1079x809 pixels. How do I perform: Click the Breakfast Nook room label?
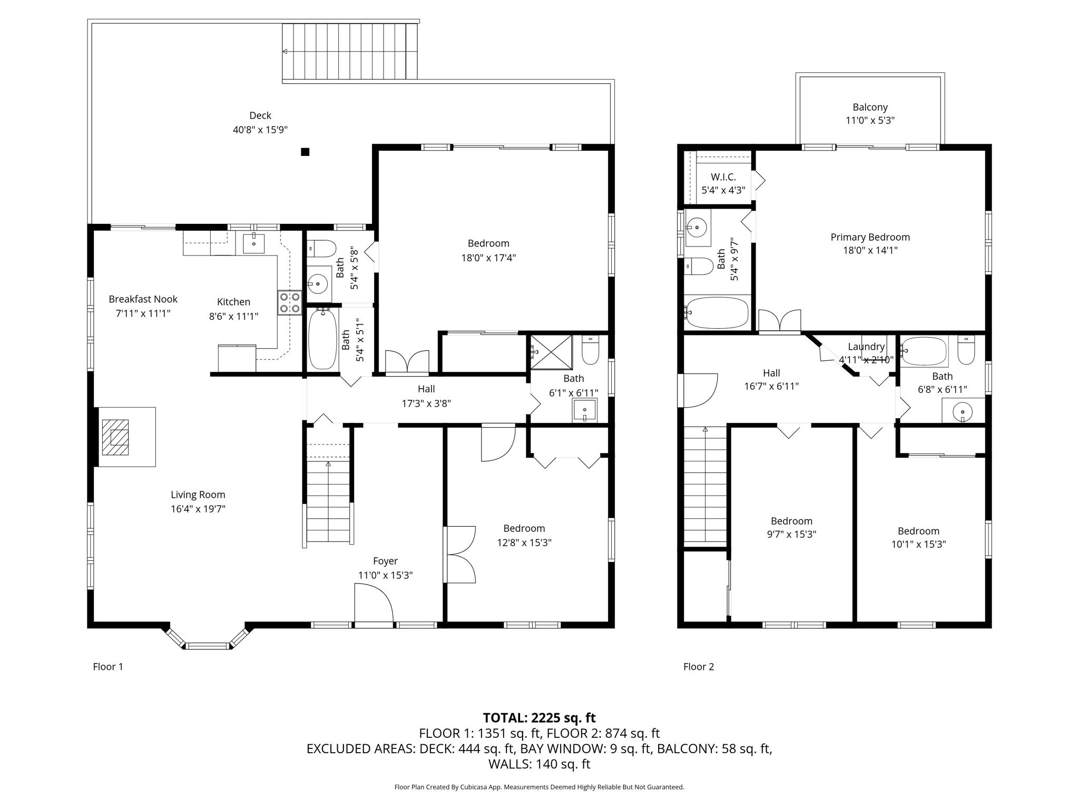pos(143,299)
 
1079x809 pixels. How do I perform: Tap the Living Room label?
pos(198,495)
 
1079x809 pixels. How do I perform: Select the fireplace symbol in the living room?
pos(115,437)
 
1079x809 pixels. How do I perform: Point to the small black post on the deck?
pos(305,152)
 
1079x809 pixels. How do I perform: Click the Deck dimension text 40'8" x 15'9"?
pos(260,130)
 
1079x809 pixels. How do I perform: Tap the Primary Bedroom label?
pos(870,237)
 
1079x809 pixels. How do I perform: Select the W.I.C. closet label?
pos(723,177)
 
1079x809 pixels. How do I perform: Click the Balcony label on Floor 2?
pos(870,107)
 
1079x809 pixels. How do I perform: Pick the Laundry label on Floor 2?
pos(866,347)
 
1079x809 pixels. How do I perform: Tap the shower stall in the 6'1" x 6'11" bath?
pos(551,352)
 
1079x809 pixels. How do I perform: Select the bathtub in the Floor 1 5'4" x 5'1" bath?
pos(322,339)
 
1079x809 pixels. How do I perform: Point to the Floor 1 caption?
pos(108,667)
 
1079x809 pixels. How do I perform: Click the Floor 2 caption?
pos(699,667)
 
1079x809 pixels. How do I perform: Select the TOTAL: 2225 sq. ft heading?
pos(539,718)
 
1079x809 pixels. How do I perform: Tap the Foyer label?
pos(385,561)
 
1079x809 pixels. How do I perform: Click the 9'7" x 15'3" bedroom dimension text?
pos(791,534)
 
